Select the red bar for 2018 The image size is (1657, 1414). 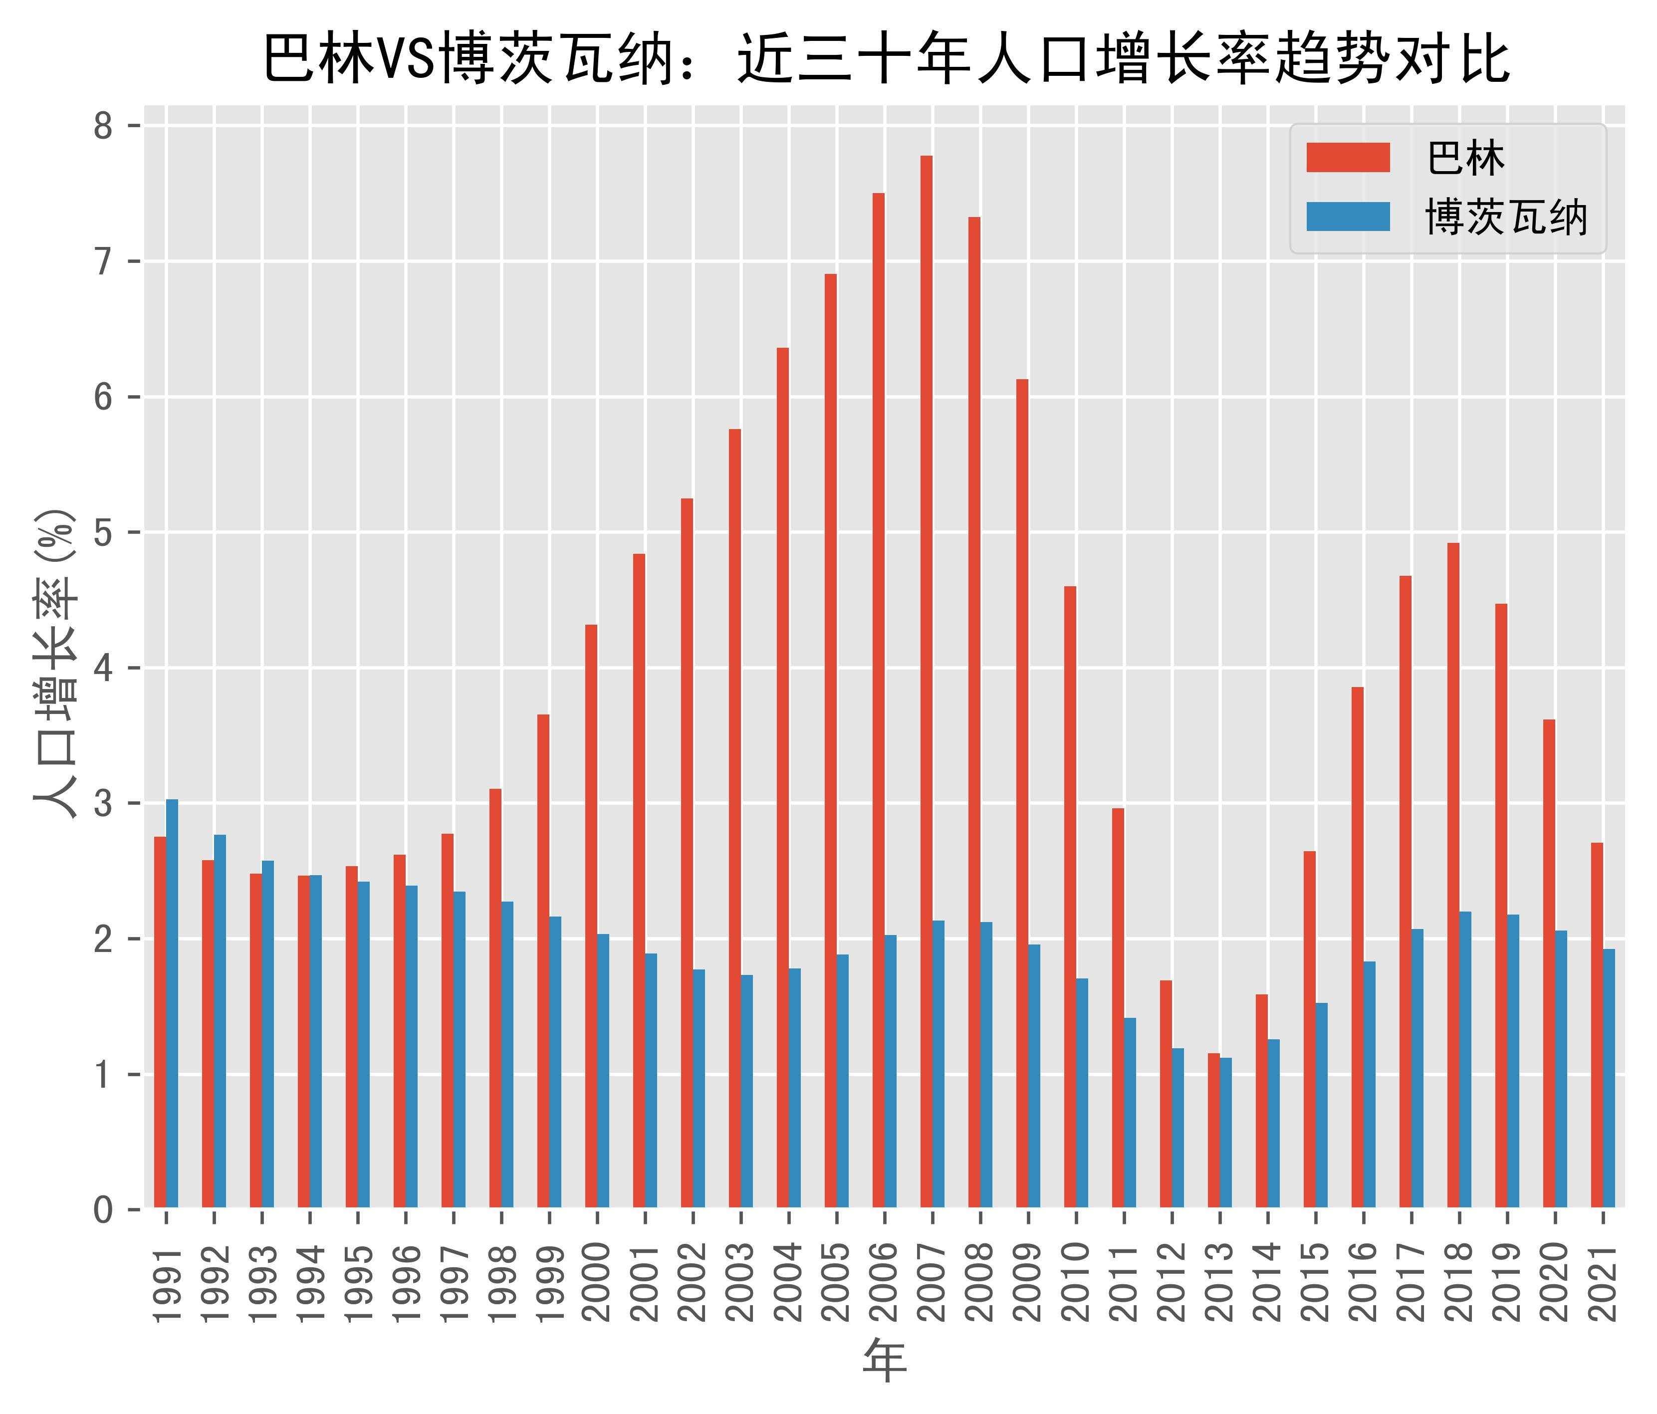[1453, 875]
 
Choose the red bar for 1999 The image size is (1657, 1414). [543, 960]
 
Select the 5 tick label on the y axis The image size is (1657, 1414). [104, 533]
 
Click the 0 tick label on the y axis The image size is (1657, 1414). [104, 1210]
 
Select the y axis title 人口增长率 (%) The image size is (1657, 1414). [56, 664]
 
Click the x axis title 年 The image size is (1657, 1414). [885, 1361]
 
